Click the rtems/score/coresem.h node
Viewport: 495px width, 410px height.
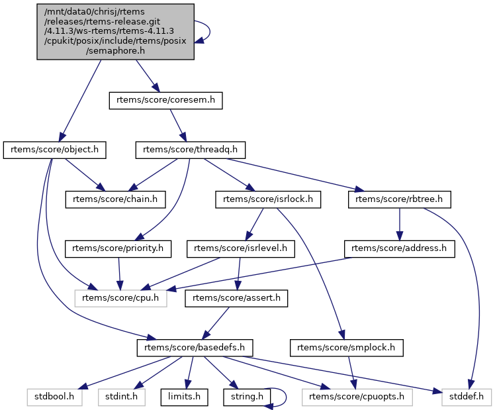[165, 101]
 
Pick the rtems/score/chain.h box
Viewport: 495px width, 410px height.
[115, 199]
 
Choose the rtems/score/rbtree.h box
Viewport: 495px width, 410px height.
[399, 199]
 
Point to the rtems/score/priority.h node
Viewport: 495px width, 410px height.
[118, 249]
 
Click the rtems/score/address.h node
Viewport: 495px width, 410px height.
[399, 249]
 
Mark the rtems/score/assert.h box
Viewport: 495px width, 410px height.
[237, 298]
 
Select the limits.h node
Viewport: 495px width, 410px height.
[185, 397]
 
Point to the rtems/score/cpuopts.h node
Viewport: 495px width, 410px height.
[356, 397]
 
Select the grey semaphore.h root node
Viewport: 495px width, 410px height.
[115, 32]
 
